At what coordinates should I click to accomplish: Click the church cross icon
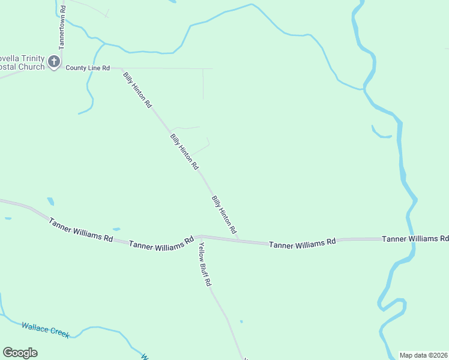click(x=53, y=61)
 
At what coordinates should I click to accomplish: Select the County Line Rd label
click(x=88, y=68)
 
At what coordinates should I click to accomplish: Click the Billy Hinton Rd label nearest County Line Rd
click(x=137, y=89)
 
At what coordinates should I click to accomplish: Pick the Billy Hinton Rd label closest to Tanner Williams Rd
click(x=224, y=214)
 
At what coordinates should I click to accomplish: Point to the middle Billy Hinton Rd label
click(x=184, y=152)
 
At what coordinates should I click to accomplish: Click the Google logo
click(x=20, y=353)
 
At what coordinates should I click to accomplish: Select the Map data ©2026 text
click(x=424, y=355)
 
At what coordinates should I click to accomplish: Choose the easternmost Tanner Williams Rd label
click(x=415, y=239)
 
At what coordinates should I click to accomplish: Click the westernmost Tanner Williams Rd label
click(x=81, y=229)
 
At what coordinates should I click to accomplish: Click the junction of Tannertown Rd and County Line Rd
click(x=62, y=68)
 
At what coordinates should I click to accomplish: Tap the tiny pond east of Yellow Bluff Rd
click(x=241, y=322)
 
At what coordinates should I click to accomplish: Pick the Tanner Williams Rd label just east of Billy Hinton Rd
click(x=302, y=244)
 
